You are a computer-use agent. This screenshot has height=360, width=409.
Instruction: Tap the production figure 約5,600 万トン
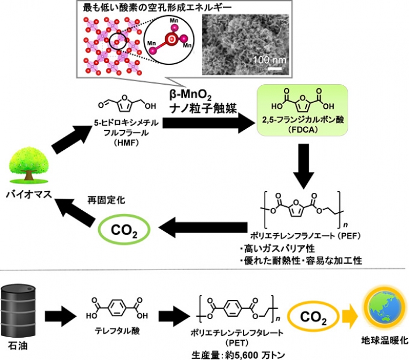pyautogui.click(x=264, y=354)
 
